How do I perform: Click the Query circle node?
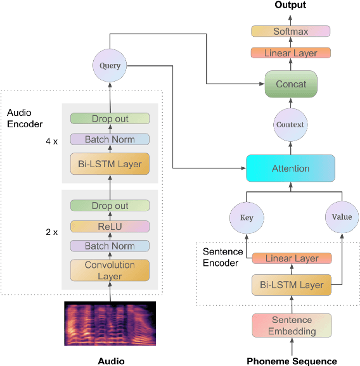pos(110,66)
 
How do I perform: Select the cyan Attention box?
pos(291,168)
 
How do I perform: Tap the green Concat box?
pos(291,84)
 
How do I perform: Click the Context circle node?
pos(291,125)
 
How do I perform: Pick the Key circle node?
pos(247,217)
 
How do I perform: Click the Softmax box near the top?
pos(291,31)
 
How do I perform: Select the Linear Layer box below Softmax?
pos(291,53)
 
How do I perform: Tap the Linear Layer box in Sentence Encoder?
pos(292,258)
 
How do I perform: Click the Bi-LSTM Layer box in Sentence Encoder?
pos(292,284)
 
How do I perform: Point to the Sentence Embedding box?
pos(292,325)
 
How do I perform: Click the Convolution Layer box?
pos(110,270)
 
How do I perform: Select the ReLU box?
pos(110,226)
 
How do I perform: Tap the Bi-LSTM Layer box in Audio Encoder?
pos(110,164)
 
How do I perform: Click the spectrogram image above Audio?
pos(110,323)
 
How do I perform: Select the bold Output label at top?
pos(290,5)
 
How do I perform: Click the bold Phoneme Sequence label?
pos(291,361)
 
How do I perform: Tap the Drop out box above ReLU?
pos(110,206)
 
